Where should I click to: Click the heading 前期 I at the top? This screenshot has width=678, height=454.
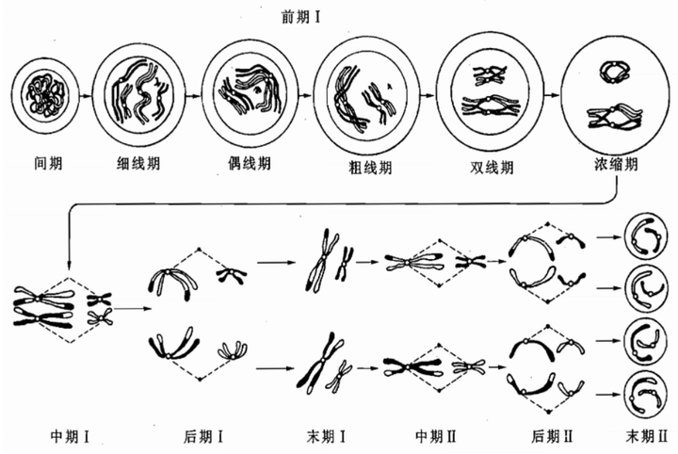point(301,18)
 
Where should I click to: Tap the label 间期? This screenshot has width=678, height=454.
point(48,164)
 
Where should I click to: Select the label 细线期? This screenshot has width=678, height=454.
point(138,164)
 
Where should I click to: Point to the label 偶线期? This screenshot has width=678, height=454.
point(250,163)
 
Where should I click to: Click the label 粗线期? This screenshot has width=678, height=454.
point(370,167)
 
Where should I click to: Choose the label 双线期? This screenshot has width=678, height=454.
point(492,167)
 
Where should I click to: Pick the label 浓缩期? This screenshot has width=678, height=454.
point(616,164)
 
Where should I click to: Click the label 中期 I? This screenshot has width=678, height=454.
point(70,436)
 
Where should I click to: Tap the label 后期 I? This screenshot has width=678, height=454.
point(203,436)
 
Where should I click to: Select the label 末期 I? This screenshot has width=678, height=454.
point(326,436)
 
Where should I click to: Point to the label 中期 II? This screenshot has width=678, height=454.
point(436,436)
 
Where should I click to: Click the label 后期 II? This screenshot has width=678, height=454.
point(552,436)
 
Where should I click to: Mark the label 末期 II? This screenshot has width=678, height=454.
point(647,436)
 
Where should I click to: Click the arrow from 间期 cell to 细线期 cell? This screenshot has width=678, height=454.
point(86,95)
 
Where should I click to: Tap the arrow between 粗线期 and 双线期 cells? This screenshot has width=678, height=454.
point(427,95)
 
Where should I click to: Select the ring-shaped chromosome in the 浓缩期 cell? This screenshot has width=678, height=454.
point(614,72)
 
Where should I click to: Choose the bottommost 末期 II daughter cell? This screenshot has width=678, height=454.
point(645,394)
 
